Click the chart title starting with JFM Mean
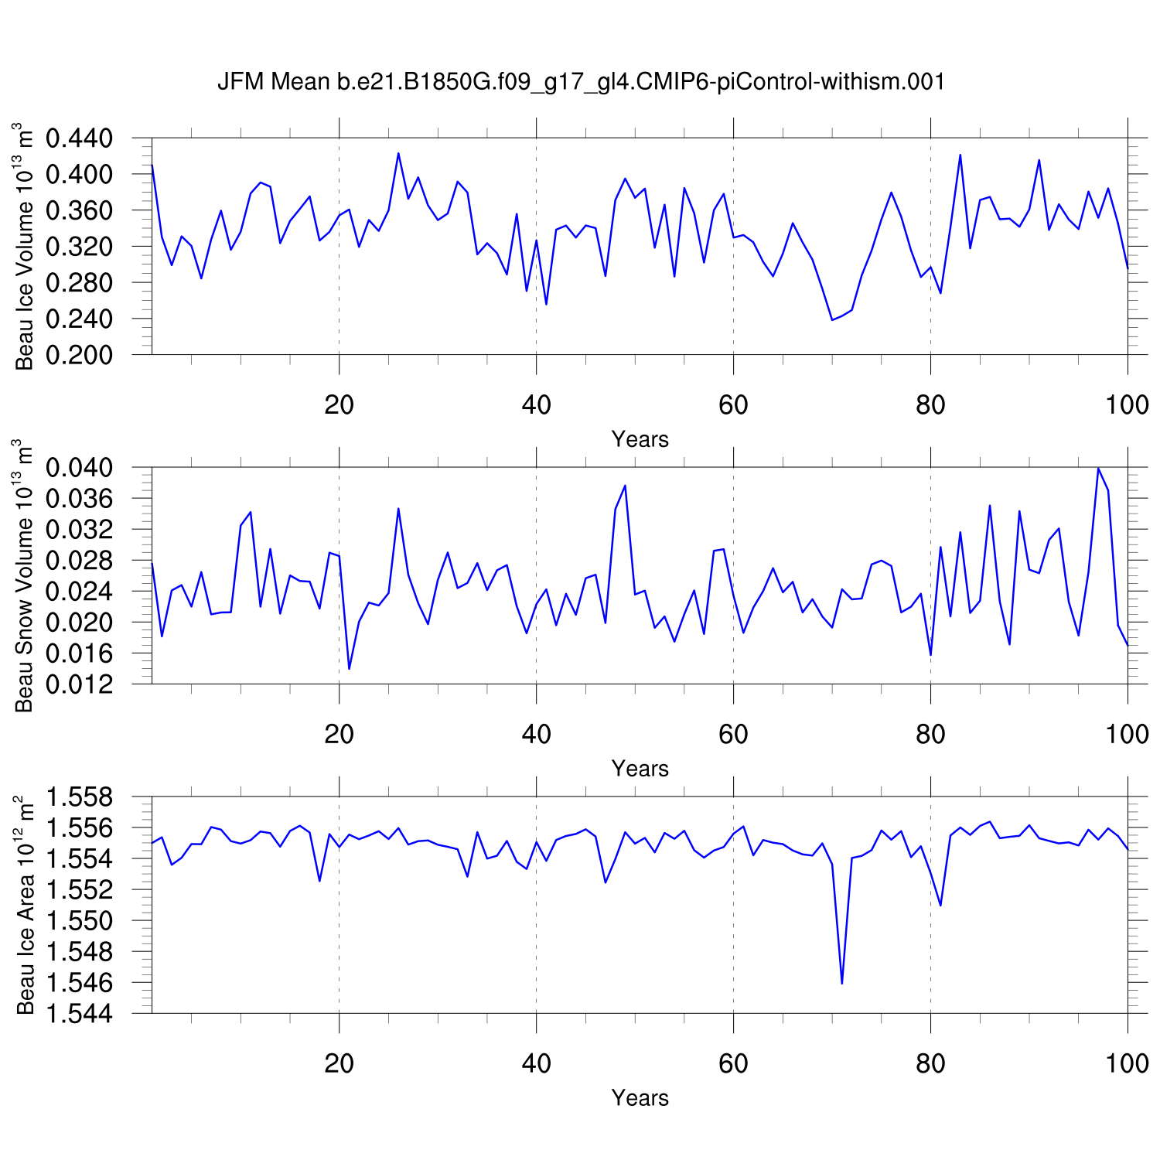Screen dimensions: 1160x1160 tap(581, 82)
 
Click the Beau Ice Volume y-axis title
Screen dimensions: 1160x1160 tap(25, 246)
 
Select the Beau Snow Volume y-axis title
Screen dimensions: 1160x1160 tap(25, 575)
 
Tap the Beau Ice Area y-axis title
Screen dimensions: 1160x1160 tap(25, 905)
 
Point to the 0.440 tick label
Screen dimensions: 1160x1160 tap(80, 139)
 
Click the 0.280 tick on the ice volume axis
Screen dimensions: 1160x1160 tap(80, 283)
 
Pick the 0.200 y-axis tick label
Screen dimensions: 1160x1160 tap(80, 355)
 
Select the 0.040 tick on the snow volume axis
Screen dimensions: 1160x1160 tap(80, 468)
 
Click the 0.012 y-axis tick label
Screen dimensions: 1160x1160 tap(80, 684)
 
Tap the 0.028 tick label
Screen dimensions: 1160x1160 tap(80, 561)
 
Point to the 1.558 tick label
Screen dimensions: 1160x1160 tap(80, 797)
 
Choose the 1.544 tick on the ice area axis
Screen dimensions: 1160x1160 tap(80, 1014)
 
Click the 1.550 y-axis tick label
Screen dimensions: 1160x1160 tap(80, 921)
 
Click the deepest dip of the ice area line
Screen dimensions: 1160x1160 tap(841, 984)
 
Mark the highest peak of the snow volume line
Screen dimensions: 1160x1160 tap(1098, 468)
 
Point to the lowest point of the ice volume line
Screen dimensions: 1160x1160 tap(832, 319)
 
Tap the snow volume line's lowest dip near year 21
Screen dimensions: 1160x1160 tap(349, 668)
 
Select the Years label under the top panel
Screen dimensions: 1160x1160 tap(640, 439)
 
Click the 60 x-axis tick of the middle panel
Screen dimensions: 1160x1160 tap(733, 733)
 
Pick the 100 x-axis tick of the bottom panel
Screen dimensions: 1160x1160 tap(1127, 1063)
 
